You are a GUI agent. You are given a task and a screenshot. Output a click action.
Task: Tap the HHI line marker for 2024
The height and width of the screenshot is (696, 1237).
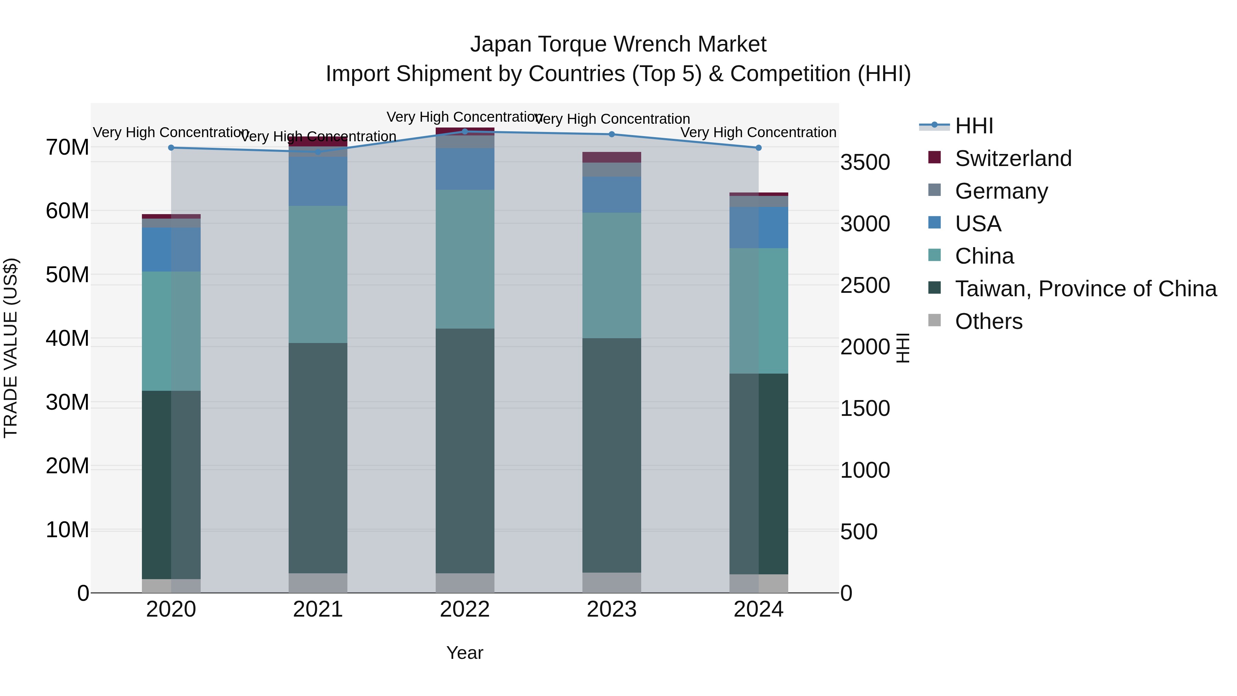click(x=758, y=148)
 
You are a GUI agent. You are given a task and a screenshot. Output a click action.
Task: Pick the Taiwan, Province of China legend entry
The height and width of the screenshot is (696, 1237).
click(x=1085, y=289)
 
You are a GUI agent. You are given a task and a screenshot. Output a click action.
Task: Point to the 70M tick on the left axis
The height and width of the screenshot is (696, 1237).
click(x=67, y=147)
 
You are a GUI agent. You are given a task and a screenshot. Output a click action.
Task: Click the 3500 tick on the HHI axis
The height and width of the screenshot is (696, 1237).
click(x=865, y=162)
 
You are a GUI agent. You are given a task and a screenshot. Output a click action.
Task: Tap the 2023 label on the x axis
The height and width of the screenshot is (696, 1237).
click(x=611, y=609)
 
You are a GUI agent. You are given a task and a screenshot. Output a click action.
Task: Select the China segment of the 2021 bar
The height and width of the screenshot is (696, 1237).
click(x=317, y=274)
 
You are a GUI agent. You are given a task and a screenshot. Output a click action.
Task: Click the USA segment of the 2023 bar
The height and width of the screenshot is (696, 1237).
click(x=611, y=195)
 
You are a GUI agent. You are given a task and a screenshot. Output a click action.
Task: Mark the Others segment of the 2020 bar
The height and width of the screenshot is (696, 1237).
click(x=171, y=586)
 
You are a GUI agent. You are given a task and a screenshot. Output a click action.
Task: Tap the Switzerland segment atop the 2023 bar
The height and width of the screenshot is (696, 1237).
click(x=611, y=157)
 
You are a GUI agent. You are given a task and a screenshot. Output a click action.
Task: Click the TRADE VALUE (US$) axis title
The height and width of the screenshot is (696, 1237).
click(x=11, y=348)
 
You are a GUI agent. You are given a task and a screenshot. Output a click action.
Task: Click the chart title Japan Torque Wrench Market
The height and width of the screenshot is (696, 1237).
click(x=618, y=44)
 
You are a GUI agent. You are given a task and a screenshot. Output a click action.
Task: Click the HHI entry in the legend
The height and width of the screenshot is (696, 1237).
click(x=973, y=126)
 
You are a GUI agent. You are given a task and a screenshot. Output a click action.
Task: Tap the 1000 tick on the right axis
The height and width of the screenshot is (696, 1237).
click(x=865, y=470)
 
